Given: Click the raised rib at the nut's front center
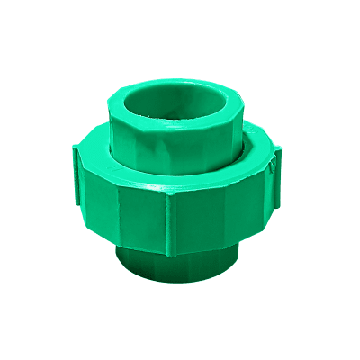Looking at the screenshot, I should pyautogui.click(x=170, y=220).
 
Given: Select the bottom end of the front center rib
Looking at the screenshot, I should pyautogui.click(x=170, y=257).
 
